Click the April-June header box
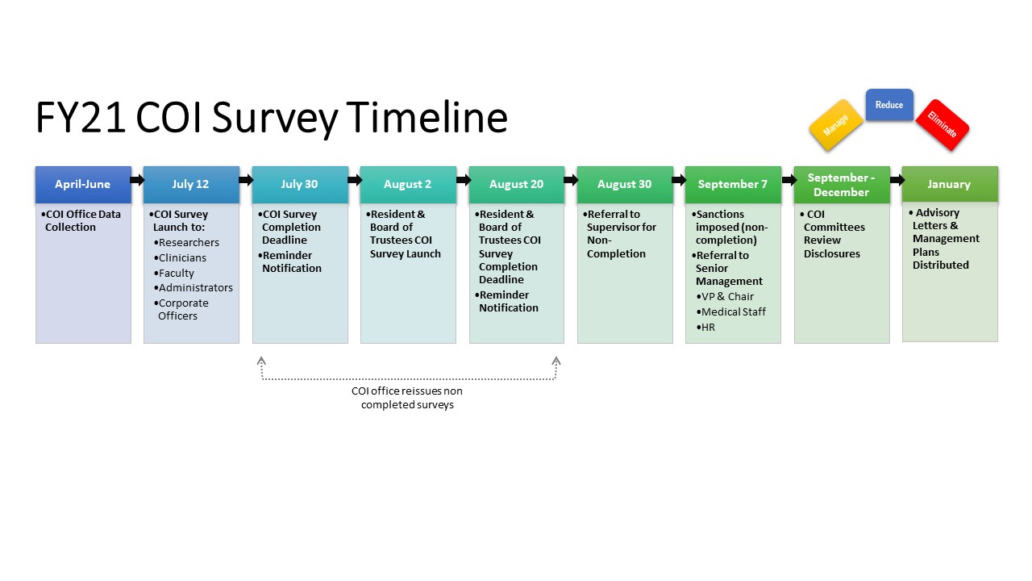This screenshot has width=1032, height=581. click(83, 184)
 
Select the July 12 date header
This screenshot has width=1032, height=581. click(191, 184)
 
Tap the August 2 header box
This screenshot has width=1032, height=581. click(408, 184)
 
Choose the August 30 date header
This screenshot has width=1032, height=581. click(625, 184)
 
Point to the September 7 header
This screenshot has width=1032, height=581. click(733, 184)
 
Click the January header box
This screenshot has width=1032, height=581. click(950, 184)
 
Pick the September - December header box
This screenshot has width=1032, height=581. click(842, 185)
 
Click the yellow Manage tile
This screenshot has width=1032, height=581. click(836, 125)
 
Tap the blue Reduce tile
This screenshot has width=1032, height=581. click(889, 105)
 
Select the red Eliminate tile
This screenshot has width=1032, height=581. click(942, 125)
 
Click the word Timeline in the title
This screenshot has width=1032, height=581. click(427, 117)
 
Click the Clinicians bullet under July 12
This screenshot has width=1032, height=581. click(182, 257)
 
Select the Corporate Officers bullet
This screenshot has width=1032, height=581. click(183, 309)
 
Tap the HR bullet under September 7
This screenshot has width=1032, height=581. click(708, 327)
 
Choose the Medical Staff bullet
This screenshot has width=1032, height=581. click(733, 311)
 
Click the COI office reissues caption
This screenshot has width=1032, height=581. click(407, 398)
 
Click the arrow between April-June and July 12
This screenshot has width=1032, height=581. click(137, 180)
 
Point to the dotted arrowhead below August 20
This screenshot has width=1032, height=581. click(556, 362)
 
